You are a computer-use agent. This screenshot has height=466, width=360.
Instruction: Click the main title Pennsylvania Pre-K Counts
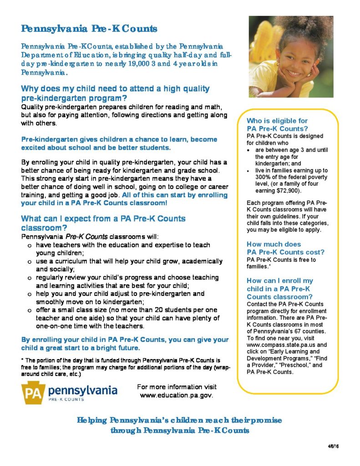[x=89, y=29]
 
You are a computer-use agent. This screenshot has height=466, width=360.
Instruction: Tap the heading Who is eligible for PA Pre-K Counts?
[x=277, y=125]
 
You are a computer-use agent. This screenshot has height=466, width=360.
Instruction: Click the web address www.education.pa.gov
[x=177, y=395]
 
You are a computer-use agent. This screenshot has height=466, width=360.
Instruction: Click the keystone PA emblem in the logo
[x=32, y=392]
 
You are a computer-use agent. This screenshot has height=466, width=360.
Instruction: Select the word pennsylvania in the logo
[x=82, y=390]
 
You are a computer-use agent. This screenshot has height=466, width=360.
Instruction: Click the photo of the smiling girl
[x=290, y=56]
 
